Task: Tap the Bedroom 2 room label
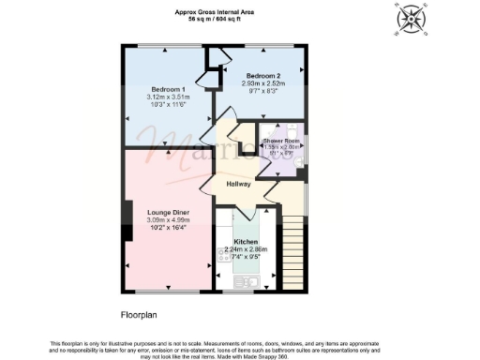pos(262,74)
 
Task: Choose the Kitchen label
pos(246,242)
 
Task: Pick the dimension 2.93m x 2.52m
pos(262,82)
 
